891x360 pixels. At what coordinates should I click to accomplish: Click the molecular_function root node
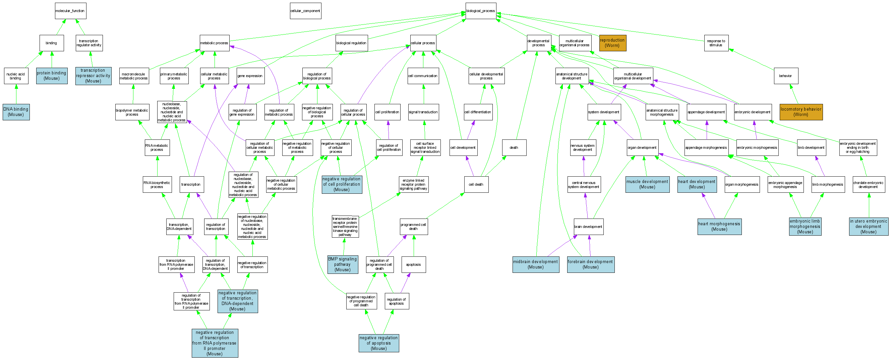[70, 11]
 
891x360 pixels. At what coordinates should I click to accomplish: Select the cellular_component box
[305, 11]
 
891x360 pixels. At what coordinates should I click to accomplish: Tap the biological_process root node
[480, 11]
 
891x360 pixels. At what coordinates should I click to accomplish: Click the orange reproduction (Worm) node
[612, 43]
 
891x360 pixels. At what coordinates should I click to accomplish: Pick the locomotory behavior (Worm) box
[801, 112]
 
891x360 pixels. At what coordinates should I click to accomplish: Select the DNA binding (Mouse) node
[16, 112]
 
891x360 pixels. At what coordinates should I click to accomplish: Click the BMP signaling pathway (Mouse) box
[343, 264]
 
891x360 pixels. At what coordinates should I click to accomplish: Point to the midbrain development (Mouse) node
[535, 264]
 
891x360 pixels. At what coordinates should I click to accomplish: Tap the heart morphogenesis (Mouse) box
[719, 227]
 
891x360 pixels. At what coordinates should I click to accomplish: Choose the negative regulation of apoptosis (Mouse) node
[379, 343]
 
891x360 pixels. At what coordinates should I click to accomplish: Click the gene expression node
[250, 76]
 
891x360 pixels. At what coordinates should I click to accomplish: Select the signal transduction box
[423, 112]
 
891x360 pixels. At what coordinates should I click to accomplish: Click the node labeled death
[514, 148]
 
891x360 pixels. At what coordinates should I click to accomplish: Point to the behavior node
[785, 76]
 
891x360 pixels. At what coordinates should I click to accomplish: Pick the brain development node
[588, 227]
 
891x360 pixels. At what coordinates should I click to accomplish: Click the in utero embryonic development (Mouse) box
[869, 227]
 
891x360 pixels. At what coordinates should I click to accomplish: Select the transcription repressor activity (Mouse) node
[94, 76]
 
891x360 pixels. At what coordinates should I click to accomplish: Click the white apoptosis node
[413, 264]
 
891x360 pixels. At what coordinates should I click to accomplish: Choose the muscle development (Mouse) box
[647, 184]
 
